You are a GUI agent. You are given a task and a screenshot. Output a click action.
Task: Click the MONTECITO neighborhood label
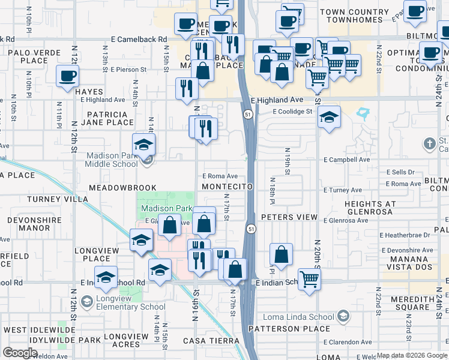(227, 187)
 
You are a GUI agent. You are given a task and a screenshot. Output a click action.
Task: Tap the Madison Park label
(166, 208)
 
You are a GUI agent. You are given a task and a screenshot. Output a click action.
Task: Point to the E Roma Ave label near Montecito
(220, 176)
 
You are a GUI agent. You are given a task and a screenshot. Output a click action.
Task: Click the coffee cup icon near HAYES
(68, 76)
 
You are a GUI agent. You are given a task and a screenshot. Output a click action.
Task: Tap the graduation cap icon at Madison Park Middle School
(144, 145)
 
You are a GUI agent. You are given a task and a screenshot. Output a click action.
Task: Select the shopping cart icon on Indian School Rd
(309, 278)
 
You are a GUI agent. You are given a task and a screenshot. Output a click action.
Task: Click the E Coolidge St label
(292, 112)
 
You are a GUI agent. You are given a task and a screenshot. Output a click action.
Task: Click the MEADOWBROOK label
(122, 188)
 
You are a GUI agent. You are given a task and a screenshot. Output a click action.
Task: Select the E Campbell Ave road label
(347, 160)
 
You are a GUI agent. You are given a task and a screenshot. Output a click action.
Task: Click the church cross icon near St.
(429, 144)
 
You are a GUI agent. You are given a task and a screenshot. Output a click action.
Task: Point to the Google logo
(20, 353)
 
